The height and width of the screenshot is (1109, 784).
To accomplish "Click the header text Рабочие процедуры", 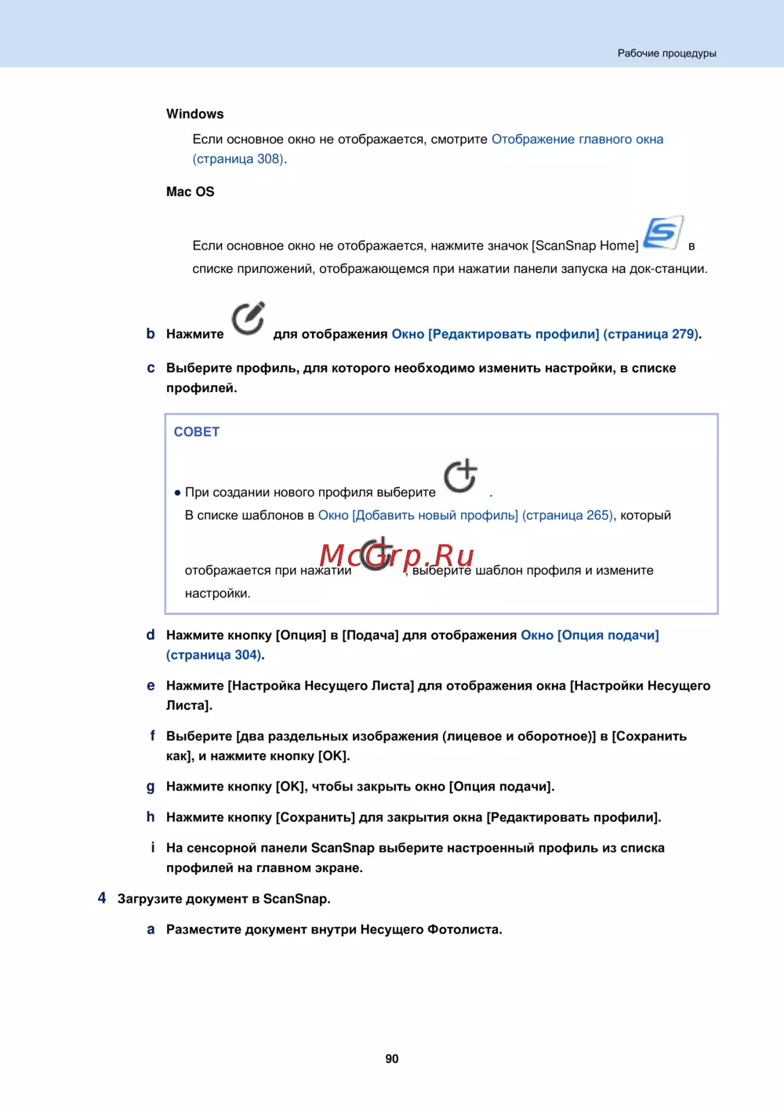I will pyautogui.click(x=666, y=53).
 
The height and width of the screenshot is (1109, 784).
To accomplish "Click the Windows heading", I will pyautogui.click(x=194, y=114).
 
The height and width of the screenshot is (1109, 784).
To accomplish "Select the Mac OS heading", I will pyautogui.click(x=190, y=191).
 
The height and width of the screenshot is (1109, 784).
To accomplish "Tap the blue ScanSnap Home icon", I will pyautogui.click(x=662, y=233).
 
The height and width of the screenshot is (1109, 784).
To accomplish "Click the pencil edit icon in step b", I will pyautogui.click(x=248, y=318).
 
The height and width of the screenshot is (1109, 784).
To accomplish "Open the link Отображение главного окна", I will pyautogui.click(x=577, y=139).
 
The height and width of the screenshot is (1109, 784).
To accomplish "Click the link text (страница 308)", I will pyautogui.click(x=238, y=158).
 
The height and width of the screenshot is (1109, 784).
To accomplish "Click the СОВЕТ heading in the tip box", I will pyautogui.click(x=197, y=431).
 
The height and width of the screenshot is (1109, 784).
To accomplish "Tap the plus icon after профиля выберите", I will pyautogui.click(x=460, y=476).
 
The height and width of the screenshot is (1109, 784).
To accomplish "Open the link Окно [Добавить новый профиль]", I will pyautogui.click(x=418, y=515).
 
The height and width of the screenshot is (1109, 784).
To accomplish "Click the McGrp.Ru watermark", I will pyautogui.click(x=397, y=555).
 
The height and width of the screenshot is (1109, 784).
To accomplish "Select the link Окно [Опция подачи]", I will pyautogui.click(x=590, y=634).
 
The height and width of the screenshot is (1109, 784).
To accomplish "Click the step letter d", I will pyautogui.click(x=151, y=634).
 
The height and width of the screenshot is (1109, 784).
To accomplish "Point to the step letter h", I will pyautogui.click(x=151, y=816).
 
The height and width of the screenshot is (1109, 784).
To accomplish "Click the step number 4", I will pyautogui.click(x=102, y=898).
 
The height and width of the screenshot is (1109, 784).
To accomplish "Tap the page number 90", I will pyautogui.click(x=392, y=1059).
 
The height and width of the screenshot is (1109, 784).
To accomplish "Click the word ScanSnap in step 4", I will pyautogui.click(x=296, y=899).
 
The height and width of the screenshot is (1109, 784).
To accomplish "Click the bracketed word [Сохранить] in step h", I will pyautogui.click(x=315, y=817).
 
